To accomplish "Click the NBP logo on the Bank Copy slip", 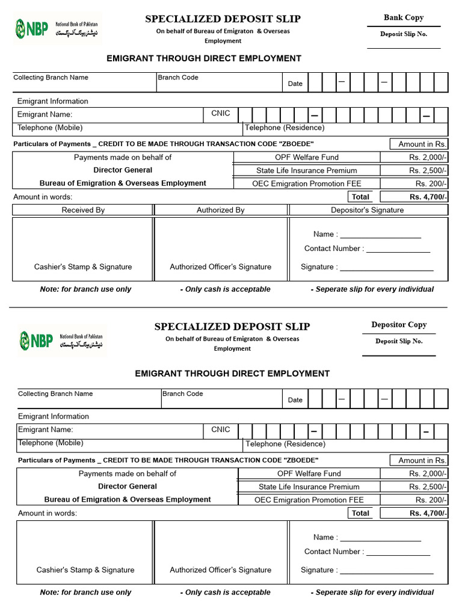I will [x=31, y=28].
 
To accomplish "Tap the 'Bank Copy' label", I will [x=404, y=17].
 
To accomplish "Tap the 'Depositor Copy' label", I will [x=399, y=325].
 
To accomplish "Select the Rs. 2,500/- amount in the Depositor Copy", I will [x=428, y=487].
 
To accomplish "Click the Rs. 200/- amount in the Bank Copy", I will [x=431, y=183].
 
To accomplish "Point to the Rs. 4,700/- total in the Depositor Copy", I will [x=428, y=513].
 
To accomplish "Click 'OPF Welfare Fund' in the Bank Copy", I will [x=307, y=157].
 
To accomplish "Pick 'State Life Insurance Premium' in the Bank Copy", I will [x=306, y=170].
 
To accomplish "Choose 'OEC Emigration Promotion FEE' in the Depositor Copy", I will [x=309, y=500].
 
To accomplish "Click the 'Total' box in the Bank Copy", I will [x=360, y=197].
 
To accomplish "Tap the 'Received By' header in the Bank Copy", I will [x=83, y=210].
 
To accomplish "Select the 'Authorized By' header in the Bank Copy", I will [x=221, y=210].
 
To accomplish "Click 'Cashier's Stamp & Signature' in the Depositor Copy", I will [x=85, y=570].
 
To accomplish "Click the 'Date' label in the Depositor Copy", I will [x=295, y=400].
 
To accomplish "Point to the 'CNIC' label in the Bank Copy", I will [x=221, y=114].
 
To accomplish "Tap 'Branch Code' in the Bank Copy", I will [x=178, y=78].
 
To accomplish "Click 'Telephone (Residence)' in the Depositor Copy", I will [x=286, y=444].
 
